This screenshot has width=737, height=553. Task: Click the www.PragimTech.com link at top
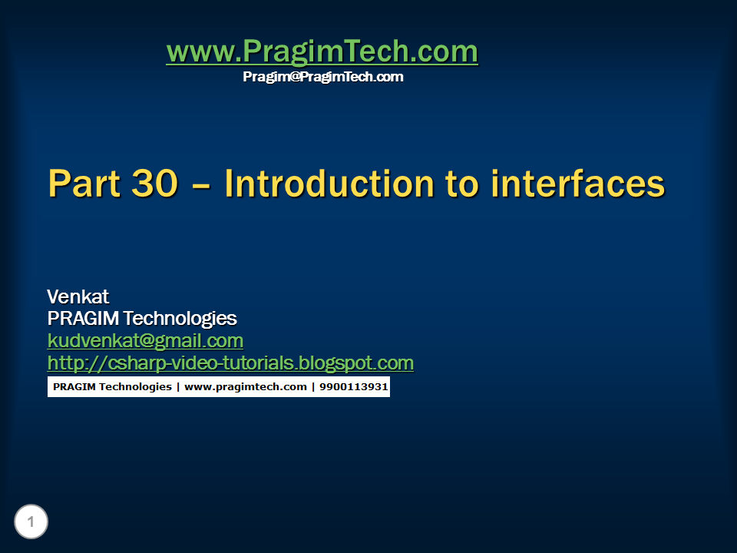tap(322, 51)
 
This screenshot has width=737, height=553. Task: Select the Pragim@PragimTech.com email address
tap(323, 77)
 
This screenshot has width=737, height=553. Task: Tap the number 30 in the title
tap(154, 184)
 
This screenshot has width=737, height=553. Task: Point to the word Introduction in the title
tap(329, 184)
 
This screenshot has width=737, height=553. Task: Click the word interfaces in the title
tap(577, 184)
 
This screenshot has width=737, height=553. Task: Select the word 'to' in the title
tap(462, 184)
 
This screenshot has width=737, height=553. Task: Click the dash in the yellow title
tap(201, 186)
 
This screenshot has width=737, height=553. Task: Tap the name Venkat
tap(78, 296)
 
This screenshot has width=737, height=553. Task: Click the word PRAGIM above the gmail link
tap(83, 318)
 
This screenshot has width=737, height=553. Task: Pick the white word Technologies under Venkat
tap(180, 319)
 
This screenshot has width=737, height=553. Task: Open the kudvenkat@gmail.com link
tap(145, 341)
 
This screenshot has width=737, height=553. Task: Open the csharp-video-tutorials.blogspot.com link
tap(230, 363)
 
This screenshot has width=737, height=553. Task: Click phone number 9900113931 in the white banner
tap(353, 386)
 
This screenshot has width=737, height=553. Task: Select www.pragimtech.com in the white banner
tap(246, 387)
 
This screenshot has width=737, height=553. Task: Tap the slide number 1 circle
tap(31, 522)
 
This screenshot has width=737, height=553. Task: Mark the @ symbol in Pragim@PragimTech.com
tap(294, 77)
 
